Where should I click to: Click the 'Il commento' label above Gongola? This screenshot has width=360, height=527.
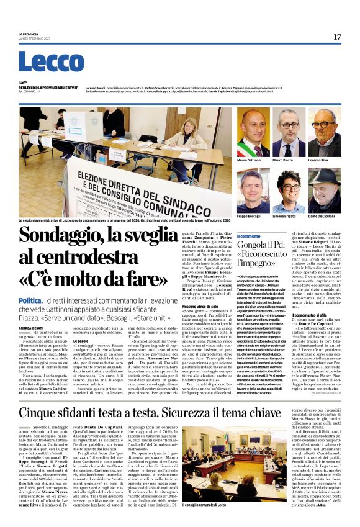click(x=249, y=236)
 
